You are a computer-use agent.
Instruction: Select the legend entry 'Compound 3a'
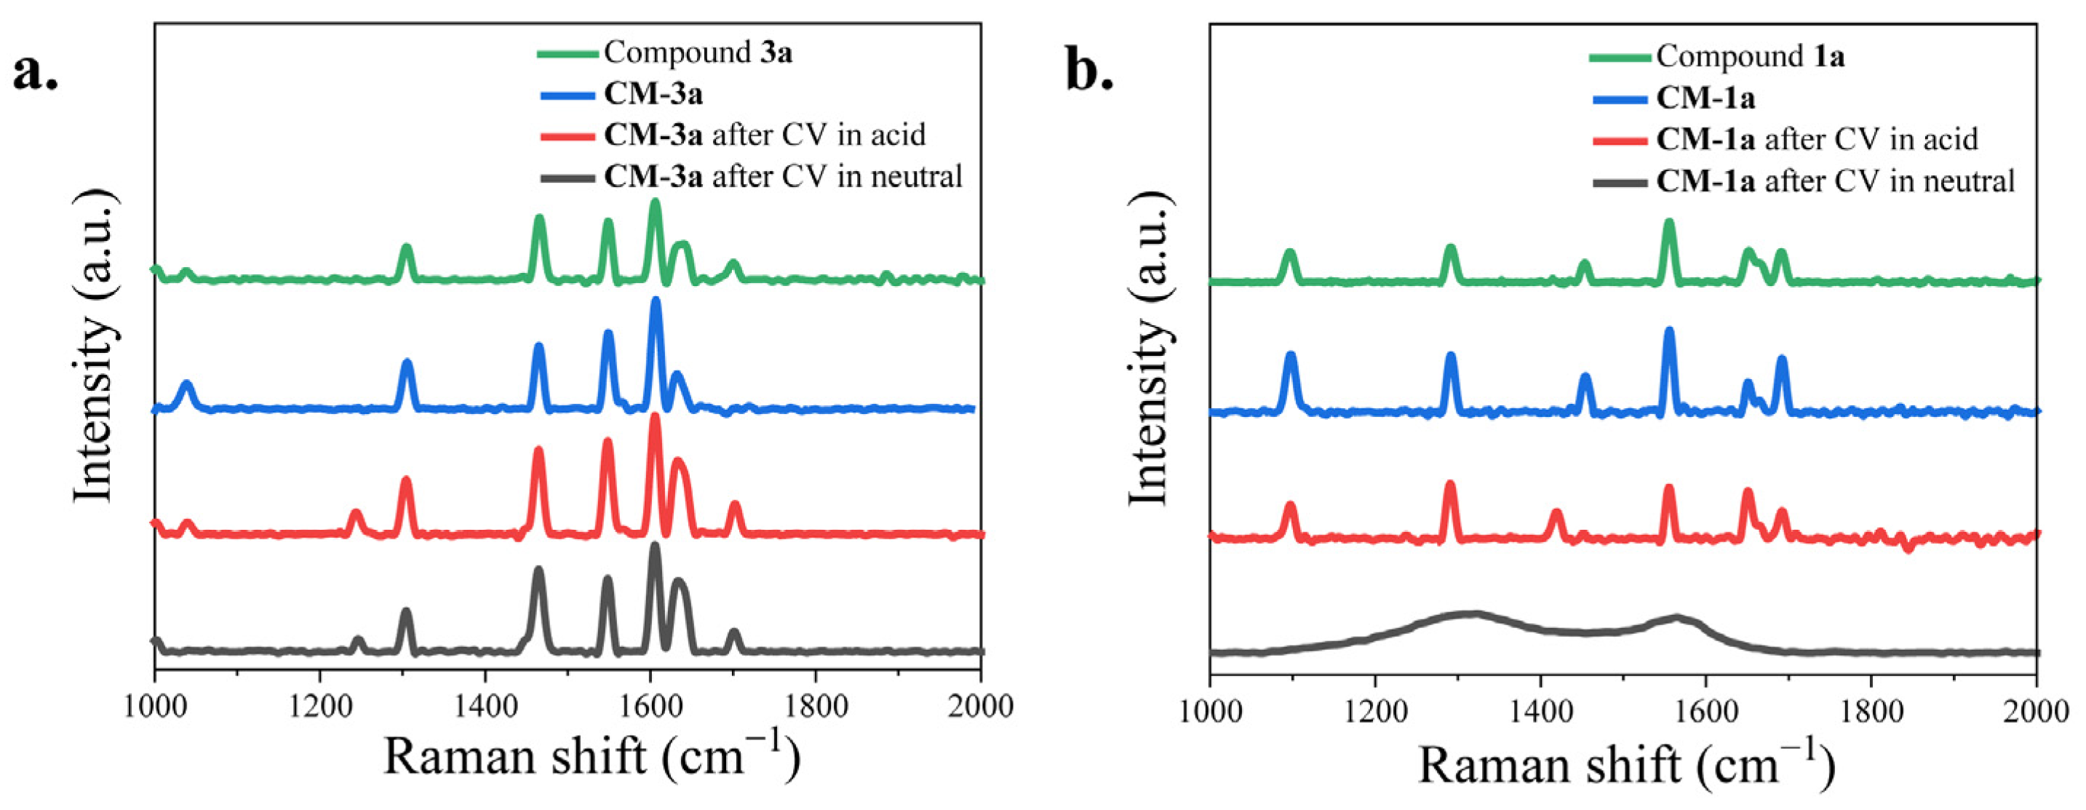(x=697, y=52)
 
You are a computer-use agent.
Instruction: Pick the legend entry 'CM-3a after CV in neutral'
(x=782, y=176)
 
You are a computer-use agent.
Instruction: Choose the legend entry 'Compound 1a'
(x=1750, y=57)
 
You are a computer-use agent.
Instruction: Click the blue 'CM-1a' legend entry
(x=1705, y=98)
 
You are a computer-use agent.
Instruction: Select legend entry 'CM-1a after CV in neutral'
(x=1835, y=180)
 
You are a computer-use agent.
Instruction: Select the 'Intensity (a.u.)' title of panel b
(x=1147, y=349)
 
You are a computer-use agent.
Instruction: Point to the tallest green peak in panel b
(x=1668, y=224)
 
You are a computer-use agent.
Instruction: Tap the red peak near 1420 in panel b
(x=1556, y=514)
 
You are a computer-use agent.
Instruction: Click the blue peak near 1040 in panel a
(x=187, y=385)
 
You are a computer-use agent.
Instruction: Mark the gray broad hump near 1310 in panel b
(x=1470, y=615)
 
